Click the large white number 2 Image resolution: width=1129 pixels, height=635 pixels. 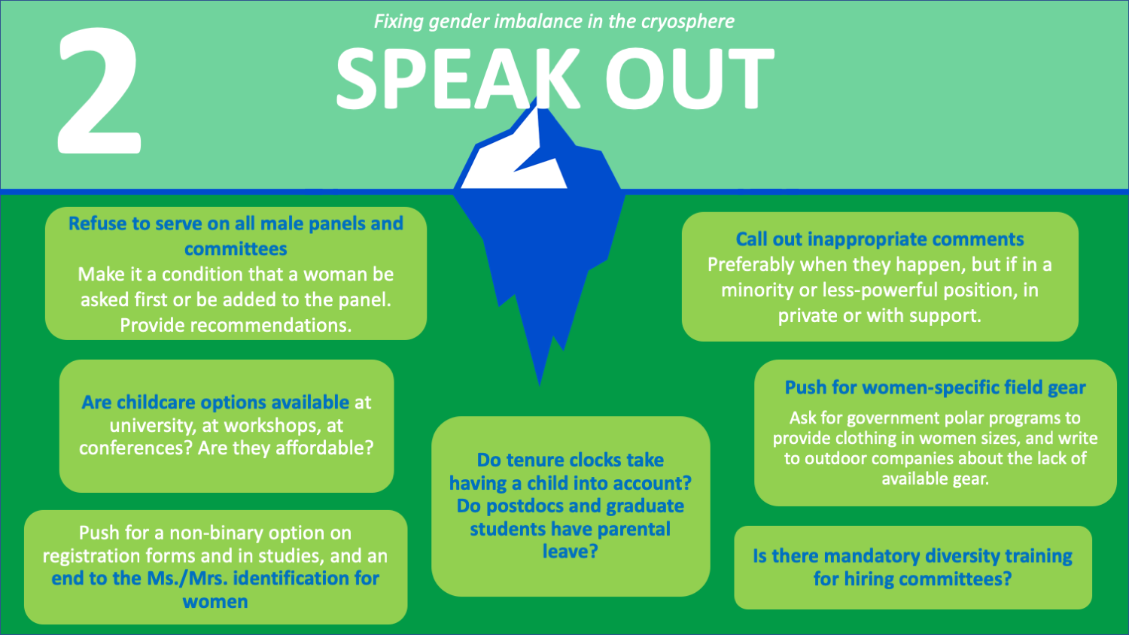99,91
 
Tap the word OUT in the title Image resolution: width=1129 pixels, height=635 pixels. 689,78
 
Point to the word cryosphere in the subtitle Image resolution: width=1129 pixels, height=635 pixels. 687,22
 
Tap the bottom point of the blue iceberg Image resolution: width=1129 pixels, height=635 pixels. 540,385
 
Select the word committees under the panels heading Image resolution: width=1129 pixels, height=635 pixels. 236,249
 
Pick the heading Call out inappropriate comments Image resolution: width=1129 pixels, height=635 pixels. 880,239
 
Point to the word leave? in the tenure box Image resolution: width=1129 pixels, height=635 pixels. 570,551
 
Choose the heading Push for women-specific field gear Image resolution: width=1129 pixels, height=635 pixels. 935,388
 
